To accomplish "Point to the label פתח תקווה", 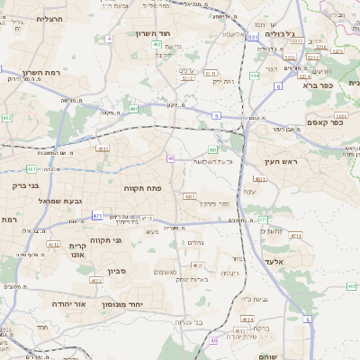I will [141, 188].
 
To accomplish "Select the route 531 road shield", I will [253, 38].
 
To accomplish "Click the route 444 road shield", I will [255, 76].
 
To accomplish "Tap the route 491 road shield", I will [133, 109].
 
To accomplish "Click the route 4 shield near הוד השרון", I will [109, 39].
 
